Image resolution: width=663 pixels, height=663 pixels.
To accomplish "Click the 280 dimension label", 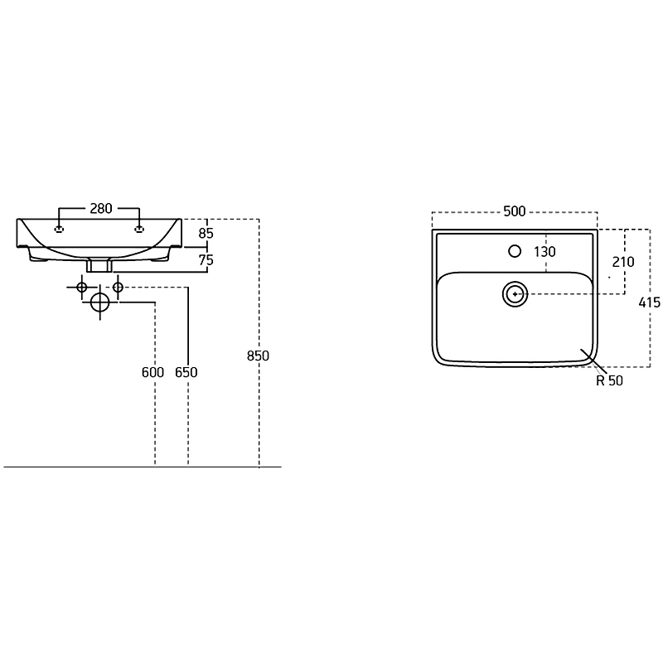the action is pyautogui.click(x=101, y=209).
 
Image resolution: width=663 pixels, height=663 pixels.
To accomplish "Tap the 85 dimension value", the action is pyautogui.click(x=206, y=234).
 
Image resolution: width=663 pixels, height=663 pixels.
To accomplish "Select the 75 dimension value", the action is pyautogui.click(x=206, y=260).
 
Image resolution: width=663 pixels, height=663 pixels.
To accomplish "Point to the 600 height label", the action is pyautogui.click(x=152, y=372).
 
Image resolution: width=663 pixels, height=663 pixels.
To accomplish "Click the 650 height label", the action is pyautogui.click(x=186, y=372).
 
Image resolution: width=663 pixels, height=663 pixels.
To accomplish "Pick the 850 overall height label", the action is pyautogui.click(x=258, y=356).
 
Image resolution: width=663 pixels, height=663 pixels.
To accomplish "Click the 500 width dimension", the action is pyautogui.click(x=514, y=211).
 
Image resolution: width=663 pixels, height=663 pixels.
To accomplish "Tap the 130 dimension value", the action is pyautogui.click(x=544, y=252).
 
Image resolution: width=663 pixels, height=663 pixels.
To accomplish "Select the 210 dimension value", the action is pyautogui.click(x=623, y=262).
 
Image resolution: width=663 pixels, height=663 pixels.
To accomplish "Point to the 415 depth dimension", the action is pyautogui.click(x=649, y=302).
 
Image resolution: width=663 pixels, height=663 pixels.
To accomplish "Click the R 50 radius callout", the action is pyautogui.click(x=609, y=381).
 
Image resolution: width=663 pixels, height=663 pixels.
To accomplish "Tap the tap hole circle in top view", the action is pyautogui.click(x=515, y=251).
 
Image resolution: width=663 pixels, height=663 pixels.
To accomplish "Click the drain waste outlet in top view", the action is pyautogui.click(x=515, y=294).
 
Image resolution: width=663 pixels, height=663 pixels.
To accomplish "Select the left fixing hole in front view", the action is pyautogui.click(x=60, y=230).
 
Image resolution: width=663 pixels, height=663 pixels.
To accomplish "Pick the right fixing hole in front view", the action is pyautogui.click(x=139, y=230).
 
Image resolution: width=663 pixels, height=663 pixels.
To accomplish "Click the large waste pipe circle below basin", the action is pyautogui.click(x=99, y=302).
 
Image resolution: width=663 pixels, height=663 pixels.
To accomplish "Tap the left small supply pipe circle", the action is pyautogui.click(x=81, y=288).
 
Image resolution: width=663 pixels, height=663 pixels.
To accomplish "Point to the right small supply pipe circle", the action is pyautogui.click(x=118, y=288).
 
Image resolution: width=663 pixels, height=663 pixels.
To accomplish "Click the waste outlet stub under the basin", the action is pyautogui.click(x=99, y=265).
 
